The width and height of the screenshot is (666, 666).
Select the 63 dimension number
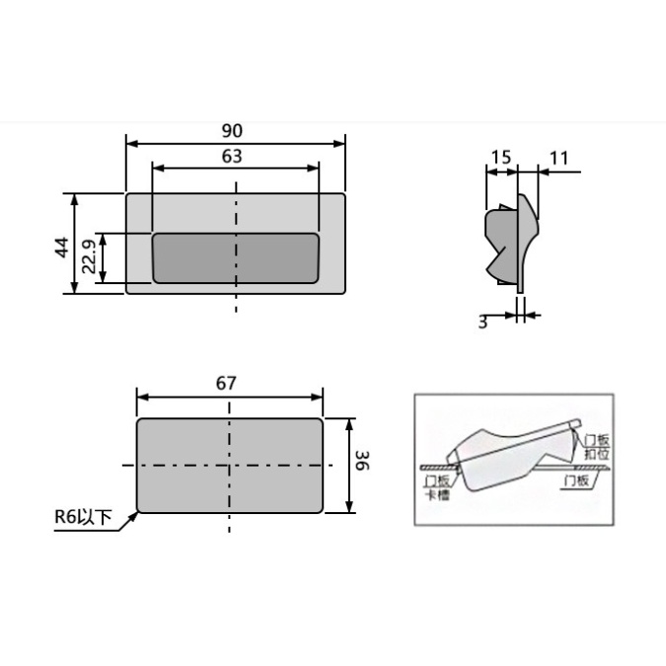click(x=233, y=156)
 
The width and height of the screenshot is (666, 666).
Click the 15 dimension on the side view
click(x=500, y=157)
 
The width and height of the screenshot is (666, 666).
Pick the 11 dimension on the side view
click(x=558, y=157)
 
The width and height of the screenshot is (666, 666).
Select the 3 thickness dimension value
click(x=482, y=322)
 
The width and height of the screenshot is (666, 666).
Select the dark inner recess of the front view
click(x=236, y=259)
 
